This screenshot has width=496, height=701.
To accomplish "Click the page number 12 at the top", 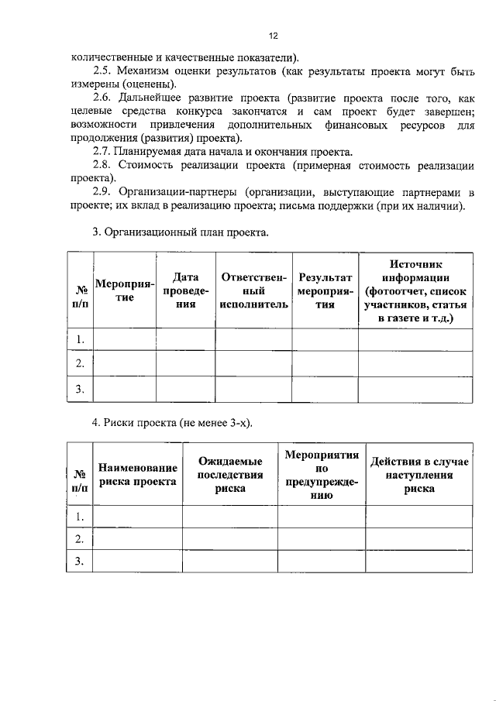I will click(x=273, y=36).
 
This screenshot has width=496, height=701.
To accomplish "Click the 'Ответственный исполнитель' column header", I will click(x=253, y=290).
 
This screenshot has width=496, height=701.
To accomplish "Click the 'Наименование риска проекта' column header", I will click(x=138, y=474).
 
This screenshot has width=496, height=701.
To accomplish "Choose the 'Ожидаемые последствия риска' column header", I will click(x=230, y=474).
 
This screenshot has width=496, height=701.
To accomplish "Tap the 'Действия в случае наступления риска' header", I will click(x=418, y=474).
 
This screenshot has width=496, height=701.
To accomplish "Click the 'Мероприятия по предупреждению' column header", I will click(x=322, y=474).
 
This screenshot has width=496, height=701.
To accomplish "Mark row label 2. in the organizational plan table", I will click(x=80, y=363).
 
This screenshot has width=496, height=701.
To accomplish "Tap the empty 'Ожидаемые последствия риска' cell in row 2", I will click(x=230, y=538).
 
